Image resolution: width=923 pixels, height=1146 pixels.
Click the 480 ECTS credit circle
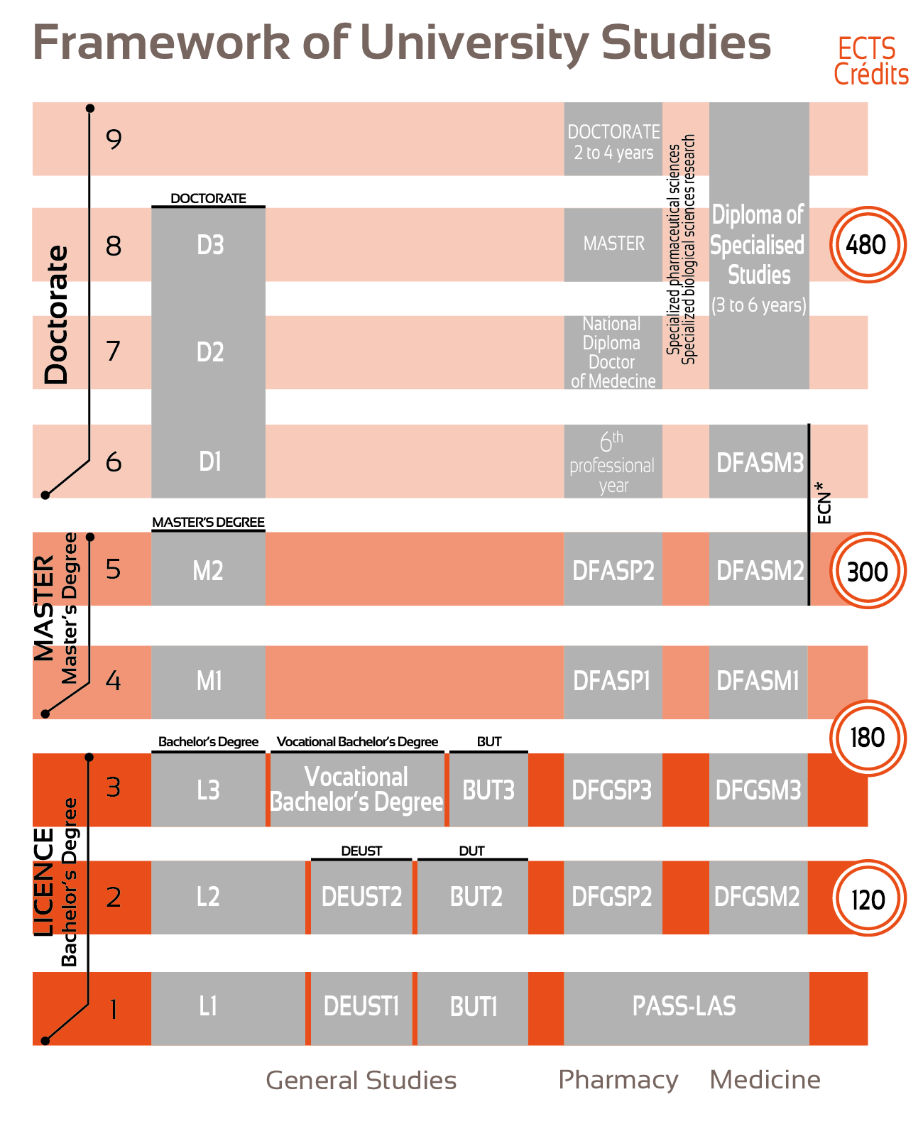coord(868,245)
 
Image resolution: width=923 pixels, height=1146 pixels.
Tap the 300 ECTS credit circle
coord(868,571)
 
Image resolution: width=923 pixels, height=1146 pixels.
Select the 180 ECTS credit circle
coord(868,738)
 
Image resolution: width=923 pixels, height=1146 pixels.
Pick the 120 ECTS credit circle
coord(868,898)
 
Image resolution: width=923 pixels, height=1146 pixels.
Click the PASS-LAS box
coord(685,1007)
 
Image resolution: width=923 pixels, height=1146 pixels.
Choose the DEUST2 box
coord(361,897)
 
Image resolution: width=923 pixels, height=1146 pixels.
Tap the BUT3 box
coord(488,790)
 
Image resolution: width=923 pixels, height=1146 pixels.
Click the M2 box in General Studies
coord(208,569)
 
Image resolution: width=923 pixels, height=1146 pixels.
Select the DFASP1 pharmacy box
coord(613,681)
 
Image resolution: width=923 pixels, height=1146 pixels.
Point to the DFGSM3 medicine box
coord(758,790)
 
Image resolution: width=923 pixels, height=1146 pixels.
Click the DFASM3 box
coord(759,462)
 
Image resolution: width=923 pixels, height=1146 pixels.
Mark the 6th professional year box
coord(613,462)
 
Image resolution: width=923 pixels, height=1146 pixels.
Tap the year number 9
coord(114,139)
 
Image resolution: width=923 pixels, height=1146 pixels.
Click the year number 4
coord(114,682)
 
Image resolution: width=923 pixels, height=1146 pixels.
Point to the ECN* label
coord(824,503)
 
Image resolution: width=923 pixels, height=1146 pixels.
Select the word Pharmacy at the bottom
coord(618,1080)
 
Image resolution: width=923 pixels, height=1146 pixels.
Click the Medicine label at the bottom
coord(765,1080)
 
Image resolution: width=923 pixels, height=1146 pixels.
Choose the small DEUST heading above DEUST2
coord(361,851)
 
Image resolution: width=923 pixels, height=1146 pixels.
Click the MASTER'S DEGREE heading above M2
coord(208,523)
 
